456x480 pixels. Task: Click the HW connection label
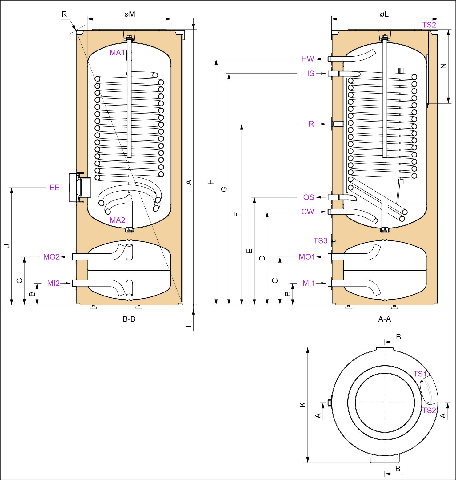(x=307, y=59)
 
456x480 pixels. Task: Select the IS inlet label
(x=310, y=73)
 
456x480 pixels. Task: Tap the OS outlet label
(x=309, y=197)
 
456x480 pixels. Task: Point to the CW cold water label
(x=307, y=212)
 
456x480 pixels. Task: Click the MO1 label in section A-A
(x=306, y=257)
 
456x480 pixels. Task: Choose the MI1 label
(x=309, y=283)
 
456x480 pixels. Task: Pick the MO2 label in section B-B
(x=51, y=257)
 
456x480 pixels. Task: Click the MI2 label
(x=53, y=283)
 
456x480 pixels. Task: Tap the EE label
(x=54, y=188)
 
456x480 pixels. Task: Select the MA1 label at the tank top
(x=117, y=53)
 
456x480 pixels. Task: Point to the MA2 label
(x=117, y=220)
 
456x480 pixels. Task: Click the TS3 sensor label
(x=320, y=240)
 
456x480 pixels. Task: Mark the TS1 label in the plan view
(x=420, y=374)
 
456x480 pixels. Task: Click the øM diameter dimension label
(x=130, y=14)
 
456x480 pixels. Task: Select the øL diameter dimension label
(x=384, y=14)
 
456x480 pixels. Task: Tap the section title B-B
(x=129, y=319)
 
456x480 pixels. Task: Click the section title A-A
(x=384, y=319)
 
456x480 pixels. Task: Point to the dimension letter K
(x=303, y=404)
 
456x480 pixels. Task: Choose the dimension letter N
(x=443, y=66)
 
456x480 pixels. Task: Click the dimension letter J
(x=7, y=245)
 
